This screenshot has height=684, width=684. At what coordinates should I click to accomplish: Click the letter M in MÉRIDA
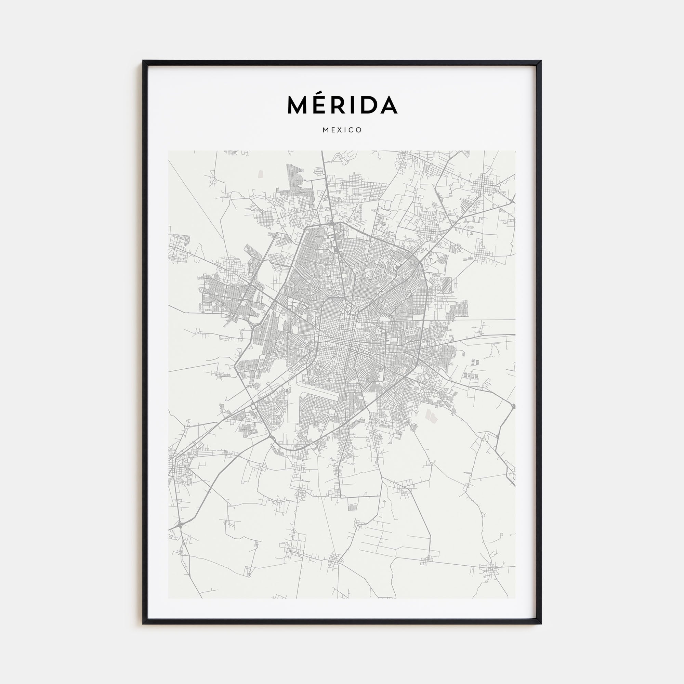(x=296, y=105)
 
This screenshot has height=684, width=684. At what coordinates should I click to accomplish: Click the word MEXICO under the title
(x=342, y=130)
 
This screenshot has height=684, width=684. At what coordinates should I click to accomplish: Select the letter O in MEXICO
(x=359, y=130)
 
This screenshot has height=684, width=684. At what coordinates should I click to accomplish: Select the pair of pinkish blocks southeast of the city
(x=431, y=416)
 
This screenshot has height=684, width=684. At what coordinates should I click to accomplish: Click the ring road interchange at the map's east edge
(x=513, y=406)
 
